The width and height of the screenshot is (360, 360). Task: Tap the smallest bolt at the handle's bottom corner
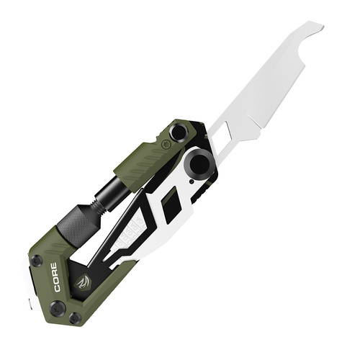75,318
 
